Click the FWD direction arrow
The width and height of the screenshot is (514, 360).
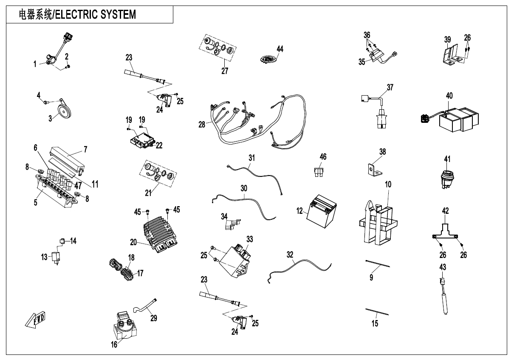35,320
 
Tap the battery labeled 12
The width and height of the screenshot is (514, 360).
322,211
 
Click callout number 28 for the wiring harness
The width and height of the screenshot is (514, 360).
202,125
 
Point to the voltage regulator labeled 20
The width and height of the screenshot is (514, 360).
161,233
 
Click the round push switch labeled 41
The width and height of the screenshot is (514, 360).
447,179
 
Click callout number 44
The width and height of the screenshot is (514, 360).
280,49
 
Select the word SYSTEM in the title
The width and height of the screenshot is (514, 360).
118,14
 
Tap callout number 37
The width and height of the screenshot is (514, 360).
390,87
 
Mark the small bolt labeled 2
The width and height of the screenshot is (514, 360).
68,67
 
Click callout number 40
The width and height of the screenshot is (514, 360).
449,96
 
